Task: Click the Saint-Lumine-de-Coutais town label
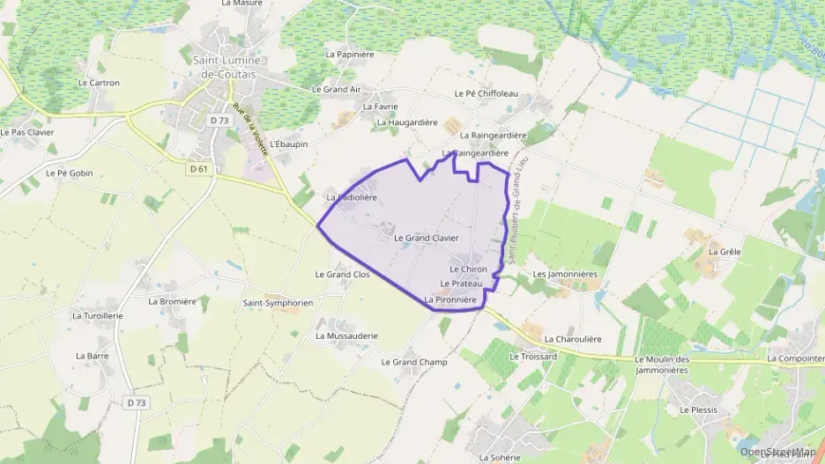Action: (x=227, y=66)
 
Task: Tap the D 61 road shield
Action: (x=198, y=168)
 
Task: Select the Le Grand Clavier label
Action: (x=426, y=238)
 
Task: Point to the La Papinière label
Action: (x=350, y=54)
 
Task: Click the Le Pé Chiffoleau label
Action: (x=486, y=93)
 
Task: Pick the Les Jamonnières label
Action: (x=565, y=274)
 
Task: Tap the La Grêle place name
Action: (x=725, y=251)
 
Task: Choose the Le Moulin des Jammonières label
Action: (x=673, y=364)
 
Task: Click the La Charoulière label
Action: (x=573, y=338)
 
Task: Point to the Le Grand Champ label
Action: (x=414, y=362)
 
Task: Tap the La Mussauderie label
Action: (x=346, y=335)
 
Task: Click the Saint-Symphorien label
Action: (x=278, y=302)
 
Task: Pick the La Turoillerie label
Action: (x=98, y=315)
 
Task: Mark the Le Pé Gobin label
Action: (x=69, y=173)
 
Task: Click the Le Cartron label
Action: (x=99, y=83)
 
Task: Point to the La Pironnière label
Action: (x=450, y=300)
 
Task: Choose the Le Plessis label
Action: (x=698, y=410)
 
